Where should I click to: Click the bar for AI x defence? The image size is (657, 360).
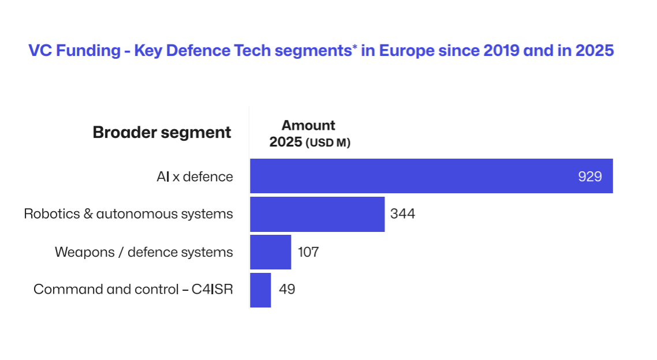404,176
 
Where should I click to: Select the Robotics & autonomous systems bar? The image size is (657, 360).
317,214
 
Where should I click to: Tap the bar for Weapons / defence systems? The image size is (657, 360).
270,252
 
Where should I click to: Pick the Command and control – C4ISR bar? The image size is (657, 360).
260,290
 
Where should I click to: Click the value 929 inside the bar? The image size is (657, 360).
589,177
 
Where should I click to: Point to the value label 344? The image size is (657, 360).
402,214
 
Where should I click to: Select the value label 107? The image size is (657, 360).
308,252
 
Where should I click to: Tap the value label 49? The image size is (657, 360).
287,290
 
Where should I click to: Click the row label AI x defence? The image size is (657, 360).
195,177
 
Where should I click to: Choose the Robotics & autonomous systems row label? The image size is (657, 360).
128,214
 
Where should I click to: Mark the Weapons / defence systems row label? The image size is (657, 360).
144,252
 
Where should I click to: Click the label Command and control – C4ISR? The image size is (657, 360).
133,290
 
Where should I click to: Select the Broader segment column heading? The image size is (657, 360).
162,132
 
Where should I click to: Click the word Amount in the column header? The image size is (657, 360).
308,125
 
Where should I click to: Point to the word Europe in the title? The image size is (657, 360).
406,51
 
